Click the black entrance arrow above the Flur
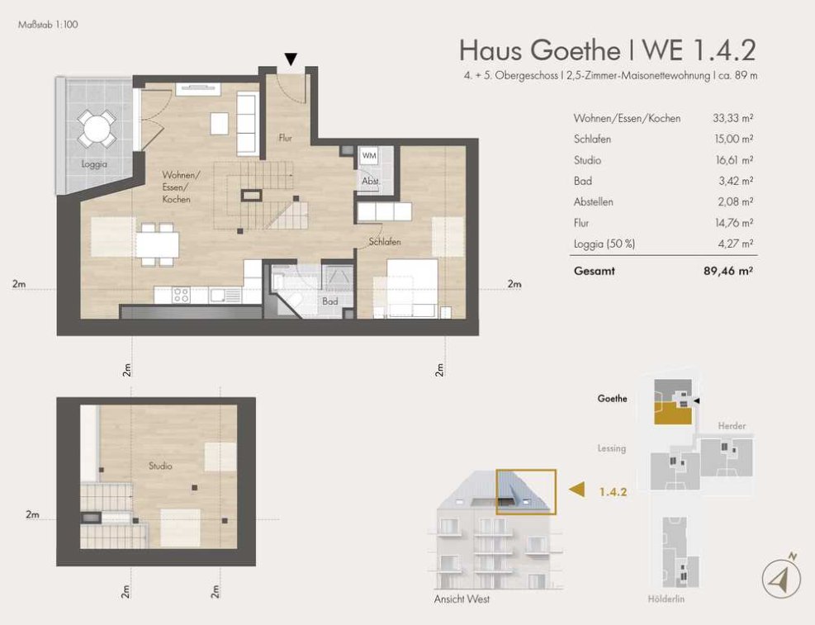click(291, 59)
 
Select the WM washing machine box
click(369, 155)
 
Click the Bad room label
click(330, 301)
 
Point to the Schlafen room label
click(385, 242)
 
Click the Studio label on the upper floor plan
click(160, 466)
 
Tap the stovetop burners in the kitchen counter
click(181, 295)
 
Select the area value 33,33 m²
click(733, 118)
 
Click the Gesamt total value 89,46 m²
click(727, 271)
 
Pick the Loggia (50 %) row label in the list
click(604, 244)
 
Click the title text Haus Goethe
click(539, 50)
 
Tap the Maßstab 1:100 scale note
click(48, 25)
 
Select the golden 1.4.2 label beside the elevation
click(613, 491)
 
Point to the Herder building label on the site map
click(732, 426)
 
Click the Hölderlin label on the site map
click(666, 599)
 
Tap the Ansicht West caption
click(462, 599)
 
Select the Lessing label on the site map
click(612, 447)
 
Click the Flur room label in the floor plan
click(286, 138)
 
